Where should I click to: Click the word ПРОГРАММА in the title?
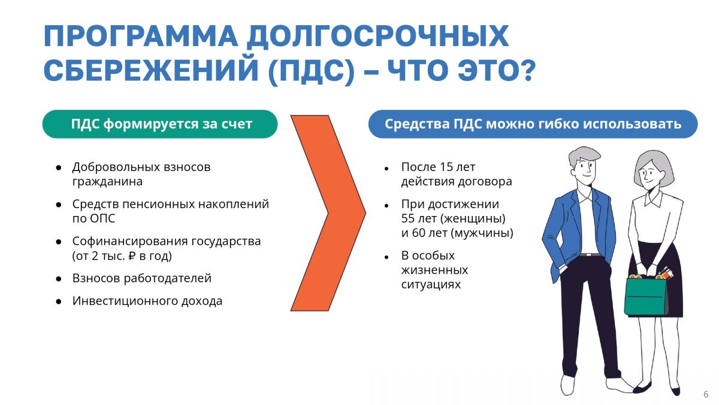(141, 35)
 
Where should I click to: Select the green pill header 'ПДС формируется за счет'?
(160, 124)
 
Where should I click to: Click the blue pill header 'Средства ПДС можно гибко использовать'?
(533, 124)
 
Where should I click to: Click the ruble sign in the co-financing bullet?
(132, 256)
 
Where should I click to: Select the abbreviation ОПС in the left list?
(102, 218)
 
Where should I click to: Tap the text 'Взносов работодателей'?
(141, 278)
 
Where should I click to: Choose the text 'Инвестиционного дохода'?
(147, 301)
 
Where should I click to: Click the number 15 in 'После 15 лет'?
(446, 167)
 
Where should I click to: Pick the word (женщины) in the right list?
(473, 219)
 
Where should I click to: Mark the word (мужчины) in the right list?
(482, 233)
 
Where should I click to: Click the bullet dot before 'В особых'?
(386, 257)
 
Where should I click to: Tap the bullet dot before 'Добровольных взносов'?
(59, 168)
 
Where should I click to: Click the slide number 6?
(706, 394)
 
